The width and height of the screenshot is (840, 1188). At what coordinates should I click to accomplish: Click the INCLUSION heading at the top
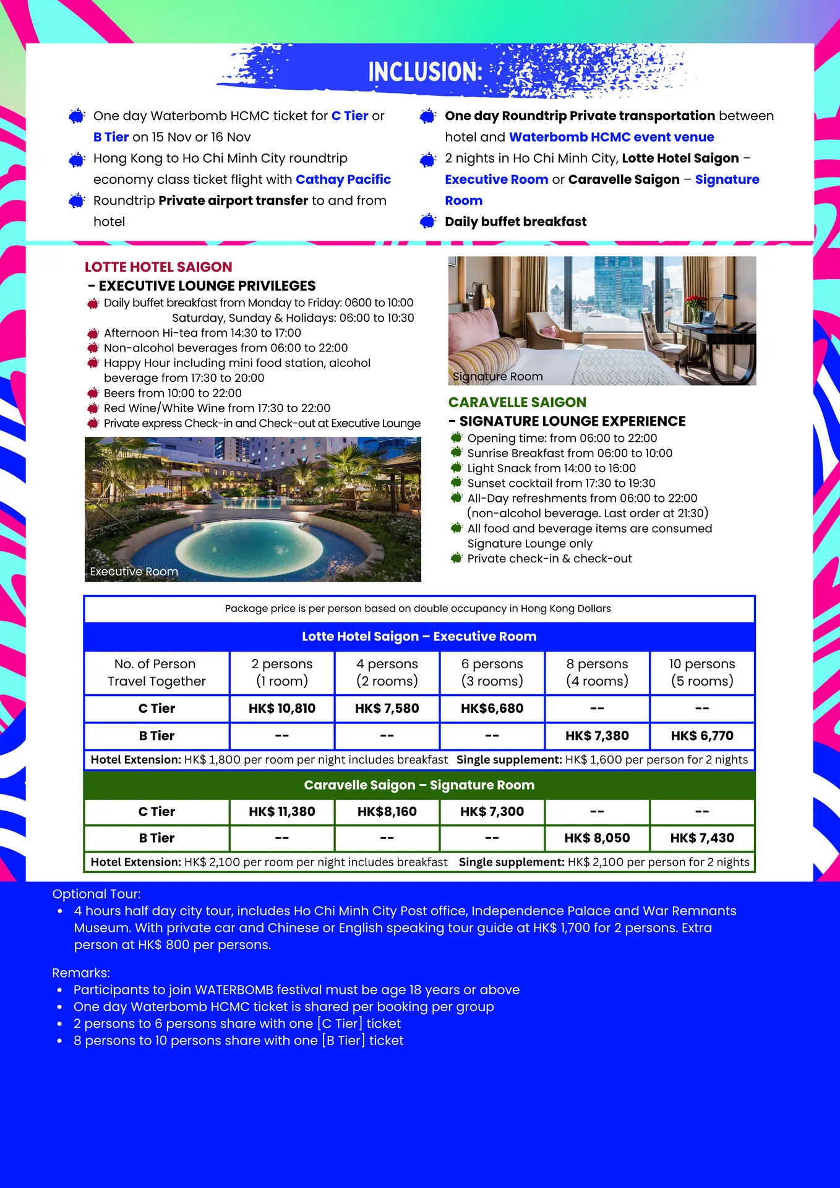click(425, 72)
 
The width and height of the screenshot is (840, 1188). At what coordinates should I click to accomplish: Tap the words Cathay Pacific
click(343, 179)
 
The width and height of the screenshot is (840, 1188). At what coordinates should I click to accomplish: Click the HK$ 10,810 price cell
click(282, 708)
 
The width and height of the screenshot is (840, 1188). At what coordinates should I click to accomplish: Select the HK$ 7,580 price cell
click(387, 708)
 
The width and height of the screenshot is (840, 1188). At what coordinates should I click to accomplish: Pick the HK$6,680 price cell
click(492, 708)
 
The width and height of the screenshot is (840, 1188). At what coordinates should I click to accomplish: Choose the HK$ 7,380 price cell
click(597, 736)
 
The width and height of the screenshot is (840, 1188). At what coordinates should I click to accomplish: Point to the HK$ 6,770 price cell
click(702, 736)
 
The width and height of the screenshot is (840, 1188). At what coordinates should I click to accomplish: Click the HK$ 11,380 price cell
click(282, 811)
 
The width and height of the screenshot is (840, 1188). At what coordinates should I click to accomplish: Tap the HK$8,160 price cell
click(387, 811)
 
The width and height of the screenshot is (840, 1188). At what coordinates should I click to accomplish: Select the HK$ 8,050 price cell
click(597, 838)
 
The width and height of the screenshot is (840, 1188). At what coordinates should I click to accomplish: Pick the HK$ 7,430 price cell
click(702, 838)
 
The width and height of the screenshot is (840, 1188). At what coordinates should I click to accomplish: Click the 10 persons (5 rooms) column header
click(702, 673)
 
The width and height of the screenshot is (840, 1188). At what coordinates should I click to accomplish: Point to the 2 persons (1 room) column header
click(282, 673)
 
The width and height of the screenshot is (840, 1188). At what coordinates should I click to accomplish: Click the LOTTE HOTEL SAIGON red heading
click(158, 267)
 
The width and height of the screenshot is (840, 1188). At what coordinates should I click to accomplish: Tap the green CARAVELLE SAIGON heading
click(517, 402)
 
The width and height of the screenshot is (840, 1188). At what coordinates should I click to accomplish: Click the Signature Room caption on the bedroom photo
click(497, 376)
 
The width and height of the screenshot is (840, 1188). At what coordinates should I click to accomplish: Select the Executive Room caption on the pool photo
click(134, 572)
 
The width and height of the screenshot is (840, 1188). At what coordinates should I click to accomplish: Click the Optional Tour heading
click(96, 894)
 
